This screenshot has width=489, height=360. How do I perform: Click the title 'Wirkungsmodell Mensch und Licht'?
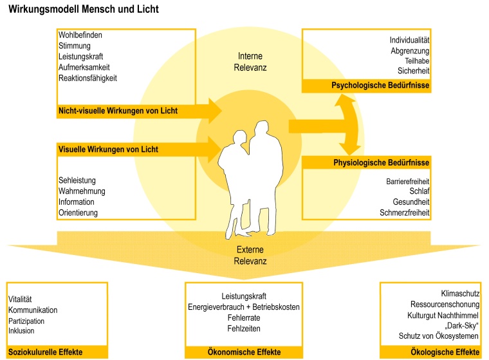(x=84, y=10)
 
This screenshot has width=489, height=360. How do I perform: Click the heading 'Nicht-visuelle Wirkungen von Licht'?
(x=118, y=111)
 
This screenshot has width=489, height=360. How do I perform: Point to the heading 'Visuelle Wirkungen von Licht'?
(x=108, y=149)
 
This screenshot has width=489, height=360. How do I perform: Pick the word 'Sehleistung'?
(x=77, y=180)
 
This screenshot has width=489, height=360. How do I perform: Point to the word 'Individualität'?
(x=409, y=41)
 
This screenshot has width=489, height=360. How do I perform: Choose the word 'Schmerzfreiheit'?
(x=404, y=213)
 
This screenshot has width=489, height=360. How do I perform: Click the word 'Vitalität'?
(x=21, y=299)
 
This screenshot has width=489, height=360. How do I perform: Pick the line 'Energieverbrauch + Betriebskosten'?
(x=244, y=307)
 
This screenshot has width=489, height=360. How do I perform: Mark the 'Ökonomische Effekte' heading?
(x=244, y=352)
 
